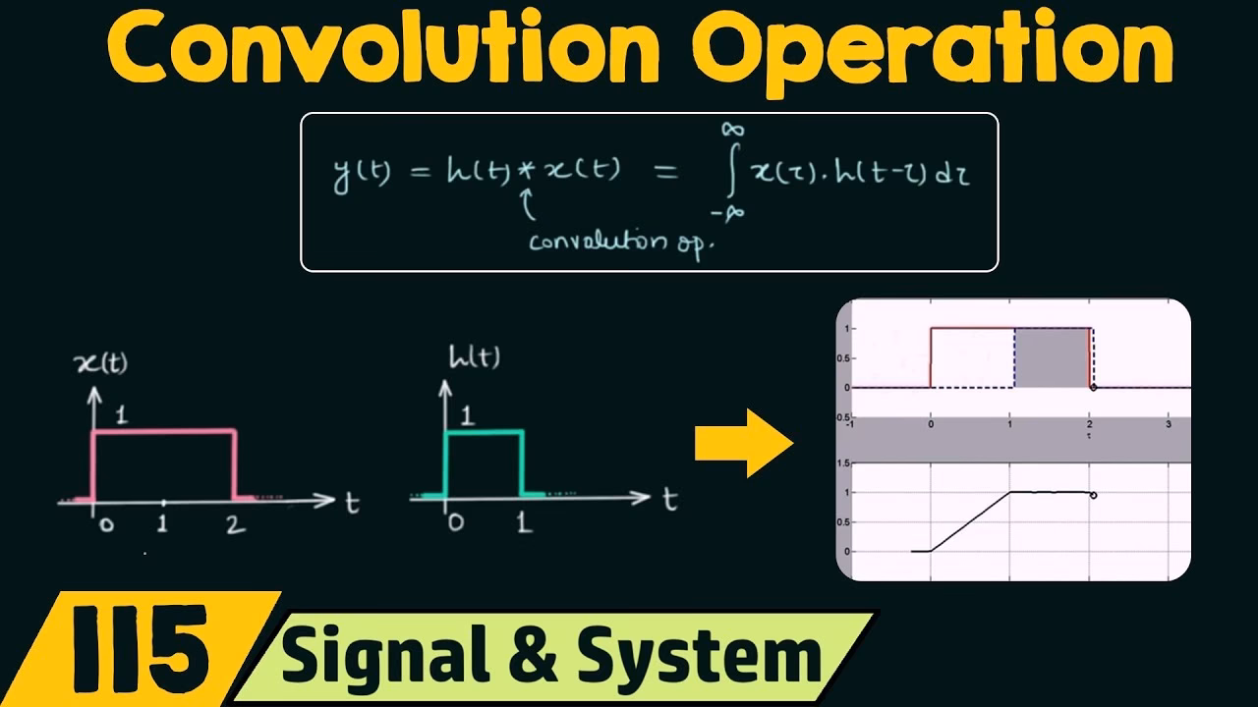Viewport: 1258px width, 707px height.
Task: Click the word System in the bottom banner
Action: tap(688, 657)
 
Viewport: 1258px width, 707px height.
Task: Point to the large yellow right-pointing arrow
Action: tap(743, 443)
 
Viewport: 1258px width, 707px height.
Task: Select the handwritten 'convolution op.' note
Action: tap(619, 242)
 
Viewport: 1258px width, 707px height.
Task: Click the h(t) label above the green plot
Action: tap(473, 358)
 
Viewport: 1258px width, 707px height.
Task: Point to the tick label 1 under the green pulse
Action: tap(524, 522)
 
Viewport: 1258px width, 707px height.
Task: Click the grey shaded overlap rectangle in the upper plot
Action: tap(1050, 358)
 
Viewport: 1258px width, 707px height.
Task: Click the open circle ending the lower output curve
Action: tap(1094, 495)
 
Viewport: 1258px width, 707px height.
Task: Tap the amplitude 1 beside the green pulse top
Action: tap(466, 415)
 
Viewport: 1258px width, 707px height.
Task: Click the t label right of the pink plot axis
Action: tap(351, 503)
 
